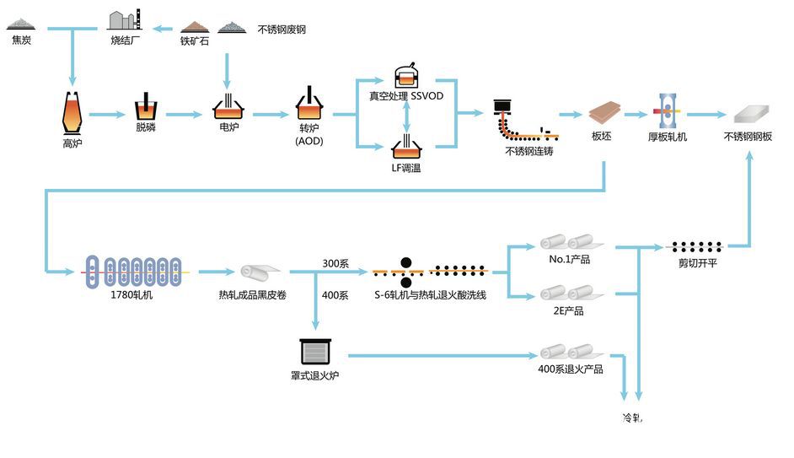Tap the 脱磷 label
(146, 127)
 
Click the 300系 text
(335, 264)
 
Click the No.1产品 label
(569, 259)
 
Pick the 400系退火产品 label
(570, 369)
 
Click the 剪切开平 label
(696, 262)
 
